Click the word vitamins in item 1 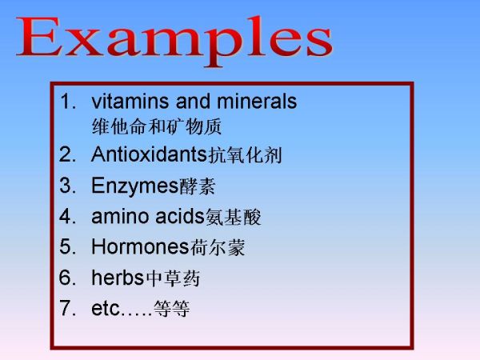(130, 101)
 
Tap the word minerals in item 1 (257, 101)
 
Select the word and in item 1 (193, 101)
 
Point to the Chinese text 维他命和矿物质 (157, 126)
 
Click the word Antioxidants (150, 154)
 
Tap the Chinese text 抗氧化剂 (245, 155)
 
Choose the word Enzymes (135, 186)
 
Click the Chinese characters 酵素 (198, 186)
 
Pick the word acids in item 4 (180, 217)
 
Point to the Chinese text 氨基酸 (234, 217)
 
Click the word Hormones (140, 246)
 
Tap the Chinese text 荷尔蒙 (218, 247)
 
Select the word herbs (118, 278)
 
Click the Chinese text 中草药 (173, 278)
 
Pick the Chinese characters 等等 (172, 308)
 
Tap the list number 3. (68, 186)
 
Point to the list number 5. (68, 246)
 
